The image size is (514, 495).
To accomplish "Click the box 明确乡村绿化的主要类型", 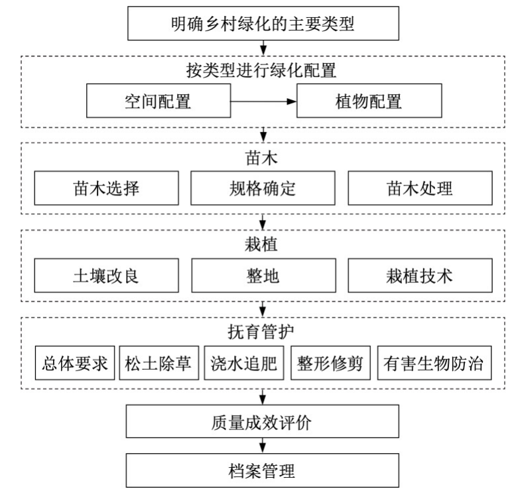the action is [x=263, y=23].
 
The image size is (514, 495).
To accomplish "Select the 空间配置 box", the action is [x=159, y=101].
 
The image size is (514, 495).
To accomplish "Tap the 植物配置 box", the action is [x=369, y=101].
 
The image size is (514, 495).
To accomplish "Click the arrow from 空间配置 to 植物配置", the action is [x=263, y=101].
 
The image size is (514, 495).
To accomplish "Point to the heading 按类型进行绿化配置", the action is [x=261, y=70].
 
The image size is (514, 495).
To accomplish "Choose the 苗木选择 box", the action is [x=107, y=188].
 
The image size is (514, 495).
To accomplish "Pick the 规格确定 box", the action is [x=263, y=188].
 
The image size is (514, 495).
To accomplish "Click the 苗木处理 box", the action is [x=420, y=188].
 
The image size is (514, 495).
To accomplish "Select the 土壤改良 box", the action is [x=107, y=276].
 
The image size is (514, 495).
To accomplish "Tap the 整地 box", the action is [x=263, y=276].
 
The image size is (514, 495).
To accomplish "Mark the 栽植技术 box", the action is [x=420, y=276].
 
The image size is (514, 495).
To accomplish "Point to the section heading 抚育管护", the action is [x=261, y=332].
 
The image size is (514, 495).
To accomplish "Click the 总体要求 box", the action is [x=75, y=363].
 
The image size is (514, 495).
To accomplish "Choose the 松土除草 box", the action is [x=159, y=363].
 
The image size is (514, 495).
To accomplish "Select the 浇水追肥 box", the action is [x=244, y=363].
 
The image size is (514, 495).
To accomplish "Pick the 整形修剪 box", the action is [x=330, y=363].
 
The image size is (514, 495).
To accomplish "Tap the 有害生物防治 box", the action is [x=434, y=363].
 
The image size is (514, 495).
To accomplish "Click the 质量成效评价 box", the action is [x=262, y=421].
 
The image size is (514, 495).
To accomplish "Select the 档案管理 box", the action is [x=262, y=470].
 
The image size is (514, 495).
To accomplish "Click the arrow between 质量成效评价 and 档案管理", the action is [x=262, y=446].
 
